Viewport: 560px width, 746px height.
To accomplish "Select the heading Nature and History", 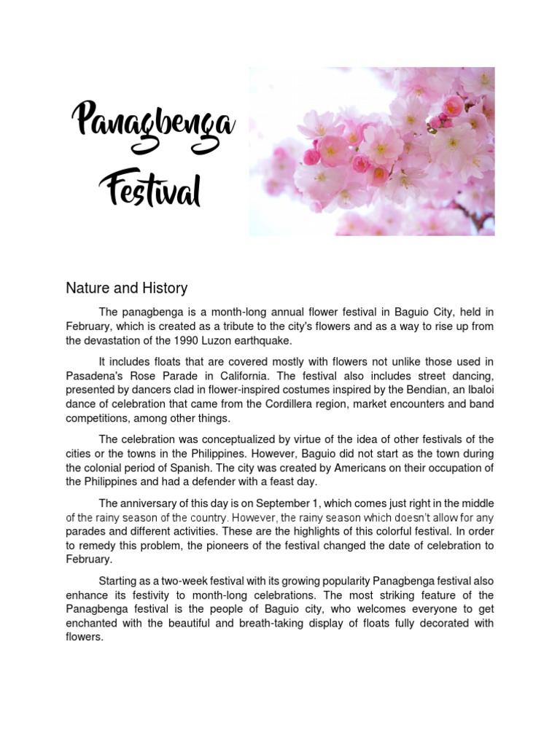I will point(126,288).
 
